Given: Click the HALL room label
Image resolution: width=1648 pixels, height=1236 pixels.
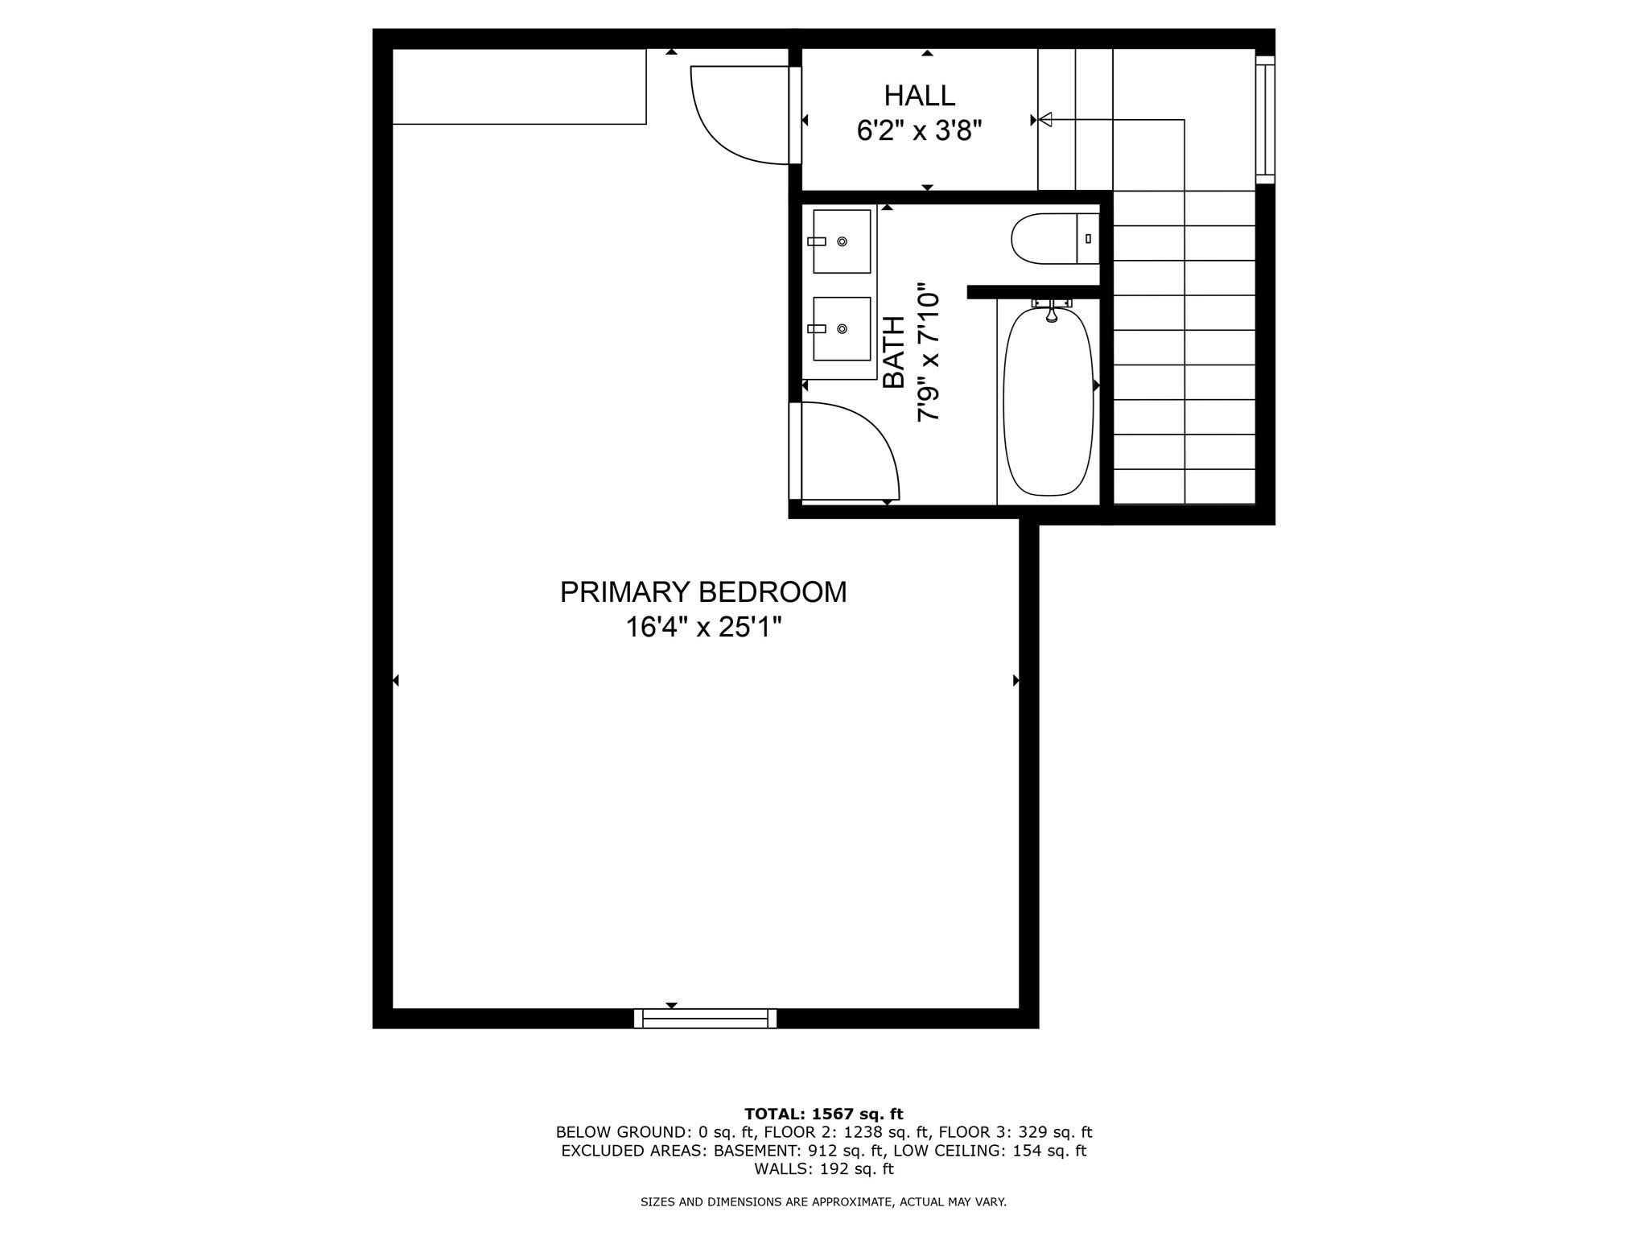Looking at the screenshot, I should click(919, 96).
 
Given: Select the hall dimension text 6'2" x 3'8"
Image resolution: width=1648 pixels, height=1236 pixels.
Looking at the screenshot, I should click(919, 130).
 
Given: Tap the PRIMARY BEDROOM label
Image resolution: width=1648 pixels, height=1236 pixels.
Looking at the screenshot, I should click(703, 592).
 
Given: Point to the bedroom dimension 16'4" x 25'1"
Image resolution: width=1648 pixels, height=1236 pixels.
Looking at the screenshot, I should click(703, 628).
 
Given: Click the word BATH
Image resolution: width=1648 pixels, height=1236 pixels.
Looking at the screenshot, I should click(894, 352).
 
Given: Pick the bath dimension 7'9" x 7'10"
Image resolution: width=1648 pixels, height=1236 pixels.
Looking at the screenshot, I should click(929, 352).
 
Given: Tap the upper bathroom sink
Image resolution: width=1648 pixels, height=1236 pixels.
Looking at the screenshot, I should click(842, 241).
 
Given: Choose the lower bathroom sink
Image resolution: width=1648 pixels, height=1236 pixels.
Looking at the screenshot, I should click(842, 328).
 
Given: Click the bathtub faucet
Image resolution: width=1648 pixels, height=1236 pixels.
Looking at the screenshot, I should click(1051, 311).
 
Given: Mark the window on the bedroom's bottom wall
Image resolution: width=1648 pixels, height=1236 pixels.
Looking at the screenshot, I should click(705, 1019).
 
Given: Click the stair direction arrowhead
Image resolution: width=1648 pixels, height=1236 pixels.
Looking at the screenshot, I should click(1045, 120).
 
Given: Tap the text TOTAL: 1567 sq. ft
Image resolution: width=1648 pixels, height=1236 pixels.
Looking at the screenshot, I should click(823, 1114).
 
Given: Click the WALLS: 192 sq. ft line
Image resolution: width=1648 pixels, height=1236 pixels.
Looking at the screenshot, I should click(823, 1169).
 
